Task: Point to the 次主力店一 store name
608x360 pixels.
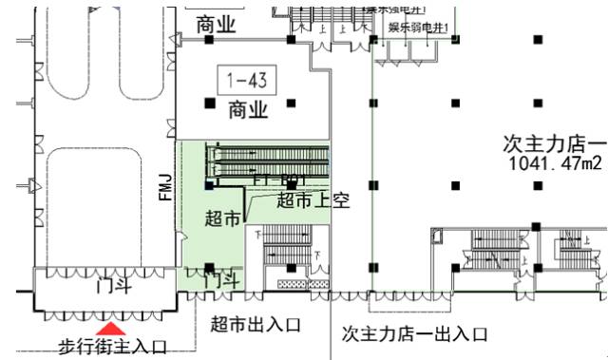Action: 555,144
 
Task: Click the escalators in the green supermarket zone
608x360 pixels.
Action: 271,161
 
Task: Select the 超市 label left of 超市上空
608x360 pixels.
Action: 222,218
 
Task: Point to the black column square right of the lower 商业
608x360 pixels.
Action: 291,102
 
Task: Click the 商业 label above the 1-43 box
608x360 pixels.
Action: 218,27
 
